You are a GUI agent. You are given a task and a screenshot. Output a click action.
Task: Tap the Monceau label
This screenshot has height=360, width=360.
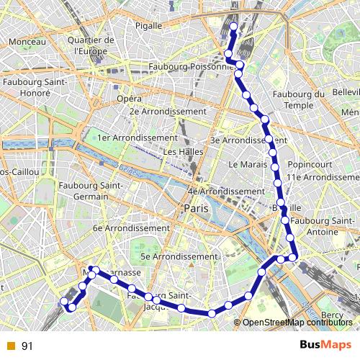tap(28, 42)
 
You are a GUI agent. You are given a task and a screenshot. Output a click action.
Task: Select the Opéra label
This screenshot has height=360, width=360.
tap(129, 98)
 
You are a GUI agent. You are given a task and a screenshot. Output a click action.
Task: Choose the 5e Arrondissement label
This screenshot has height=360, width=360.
tap(178, 256)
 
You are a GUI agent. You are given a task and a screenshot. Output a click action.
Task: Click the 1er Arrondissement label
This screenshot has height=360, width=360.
tap(137, 138)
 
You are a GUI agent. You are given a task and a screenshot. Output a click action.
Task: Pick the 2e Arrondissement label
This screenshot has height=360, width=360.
tap(168, 112)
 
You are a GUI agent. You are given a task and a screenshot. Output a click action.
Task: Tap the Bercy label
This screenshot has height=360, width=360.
tap(332, 315)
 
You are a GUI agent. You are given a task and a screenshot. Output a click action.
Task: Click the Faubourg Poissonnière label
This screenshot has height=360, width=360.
tap(192, 66)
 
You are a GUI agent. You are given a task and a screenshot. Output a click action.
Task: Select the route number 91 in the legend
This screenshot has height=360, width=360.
tap(27, 346)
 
